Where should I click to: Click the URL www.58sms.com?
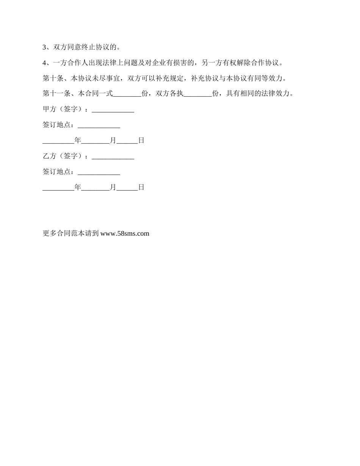click(x=125, y=234)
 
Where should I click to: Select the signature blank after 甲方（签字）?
click(x=113, y=110)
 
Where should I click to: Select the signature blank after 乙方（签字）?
click(x=113, y=157)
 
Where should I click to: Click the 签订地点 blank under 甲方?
click(x=99, y=125)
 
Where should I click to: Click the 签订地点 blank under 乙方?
click(x=99, y=172)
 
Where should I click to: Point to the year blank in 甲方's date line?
click(x=58, y=141)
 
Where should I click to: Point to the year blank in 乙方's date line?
click(x=58, y=188)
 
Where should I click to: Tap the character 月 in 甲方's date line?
click(x=113, y=141)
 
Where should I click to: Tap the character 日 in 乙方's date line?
click(x=141, y=187)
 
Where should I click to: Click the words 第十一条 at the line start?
click(x=56, y=94)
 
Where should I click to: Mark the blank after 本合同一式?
click(x=127, y=95)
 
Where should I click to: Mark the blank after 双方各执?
click(x=198, y=95)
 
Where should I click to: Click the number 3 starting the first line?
click(x=44, y=47)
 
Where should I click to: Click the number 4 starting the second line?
click(x=44, y=63)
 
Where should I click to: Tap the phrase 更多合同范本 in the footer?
click(x=64, y=234)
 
